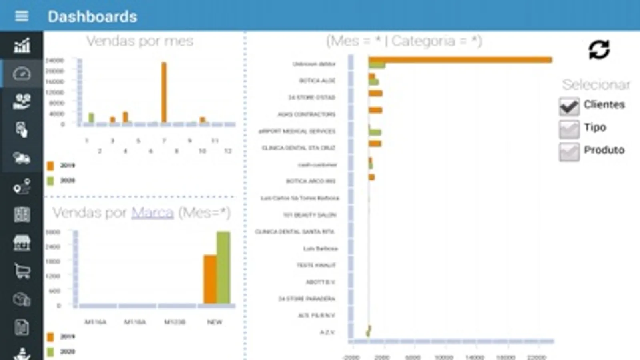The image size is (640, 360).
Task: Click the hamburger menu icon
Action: [22, 16]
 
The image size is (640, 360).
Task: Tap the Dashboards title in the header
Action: [92, 17]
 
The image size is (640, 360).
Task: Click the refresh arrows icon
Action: [599, 50]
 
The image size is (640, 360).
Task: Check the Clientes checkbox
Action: [569, 106]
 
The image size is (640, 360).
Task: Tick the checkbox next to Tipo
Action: [569, 129]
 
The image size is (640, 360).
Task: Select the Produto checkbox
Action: [569, 152]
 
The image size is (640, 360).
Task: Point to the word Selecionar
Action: [596, 85]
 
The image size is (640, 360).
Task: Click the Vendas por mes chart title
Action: [140, 41]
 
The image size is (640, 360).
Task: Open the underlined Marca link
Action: [152, 213]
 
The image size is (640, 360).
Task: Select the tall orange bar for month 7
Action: [164, 92]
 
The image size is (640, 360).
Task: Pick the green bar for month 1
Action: [91, 118]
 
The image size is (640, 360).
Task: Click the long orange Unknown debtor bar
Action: [460, 60]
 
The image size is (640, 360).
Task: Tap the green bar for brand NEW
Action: [223, 267]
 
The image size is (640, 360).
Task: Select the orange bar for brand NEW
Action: [210, 279]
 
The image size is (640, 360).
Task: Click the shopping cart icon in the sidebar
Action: [22, 271]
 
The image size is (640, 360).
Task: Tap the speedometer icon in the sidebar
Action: [22, 74]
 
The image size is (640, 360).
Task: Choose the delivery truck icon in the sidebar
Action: [22, 158]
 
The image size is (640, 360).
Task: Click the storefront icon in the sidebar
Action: [22, 243]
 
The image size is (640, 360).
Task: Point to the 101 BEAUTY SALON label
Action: [309, 215]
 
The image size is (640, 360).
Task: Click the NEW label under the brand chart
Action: [215, 322]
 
